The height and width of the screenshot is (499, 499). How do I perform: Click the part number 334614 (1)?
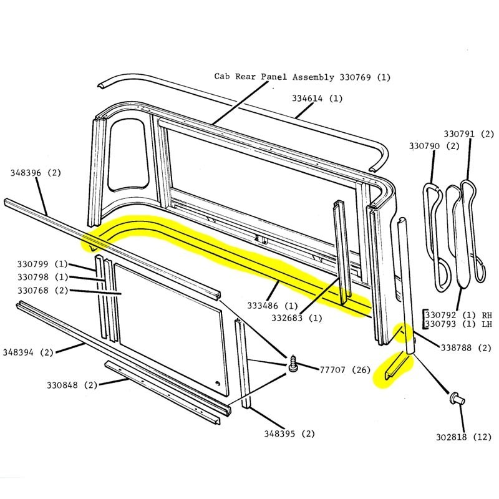point(317,99)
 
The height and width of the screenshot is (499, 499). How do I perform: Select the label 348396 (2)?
point(36,172)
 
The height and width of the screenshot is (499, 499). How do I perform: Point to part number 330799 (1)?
point(42,264)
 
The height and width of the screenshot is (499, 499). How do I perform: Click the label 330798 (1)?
point(42,277)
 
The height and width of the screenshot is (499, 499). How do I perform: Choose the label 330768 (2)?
point(42,290)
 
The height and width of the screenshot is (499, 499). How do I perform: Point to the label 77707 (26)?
point(334,370)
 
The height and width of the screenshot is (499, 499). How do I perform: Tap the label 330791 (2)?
point(468,134)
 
